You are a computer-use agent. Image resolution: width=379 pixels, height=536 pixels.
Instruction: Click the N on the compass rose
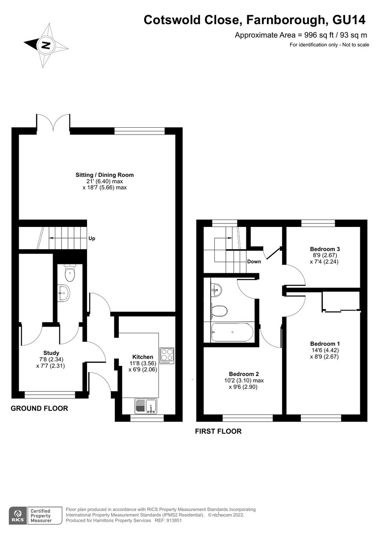(x=46, y=45)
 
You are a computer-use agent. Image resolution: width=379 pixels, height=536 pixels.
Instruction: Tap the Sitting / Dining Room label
(x=104, y=175)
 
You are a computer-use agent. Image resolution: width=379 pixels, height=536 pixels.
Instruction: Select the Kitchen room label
(x=143, y=357)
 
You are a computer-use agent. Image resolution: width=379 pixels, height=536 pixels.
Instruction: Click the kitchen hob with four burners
(x=167, y=356)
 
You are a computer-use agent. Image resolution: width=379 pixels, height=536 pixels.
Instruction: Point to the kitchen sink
(x=146, y=406)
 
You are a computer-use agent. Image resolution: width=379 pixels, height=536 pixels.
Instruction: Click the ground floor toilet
(x=70, y=272)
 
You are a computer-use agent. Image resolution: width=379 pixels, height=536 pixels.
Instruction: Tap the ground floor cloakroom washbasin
(x=63, y=293)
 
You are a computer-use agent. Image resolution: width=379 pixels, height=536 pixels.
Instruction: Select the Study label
(x=51, y=353)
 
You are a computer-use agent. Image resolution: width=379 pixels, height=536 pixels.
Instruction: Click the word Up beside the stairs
(x=92, y=239)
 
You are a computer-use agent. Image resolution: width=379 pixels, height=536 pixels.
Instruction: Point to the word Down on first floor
(x=254, y=262)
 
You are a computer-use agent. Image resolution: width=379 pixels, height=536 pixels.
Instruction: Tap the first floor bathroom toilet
(x=219, y=311)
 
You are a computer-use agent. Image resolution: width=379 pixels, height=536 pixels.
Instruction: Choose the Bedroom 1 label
(x=325, y=343)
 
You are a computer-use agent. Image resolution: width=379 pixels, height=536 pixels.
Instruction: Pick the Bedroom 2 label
(x=244, y=374)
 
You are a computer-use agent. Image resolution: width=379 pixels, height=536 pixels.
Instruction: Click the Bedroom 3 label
(x=325, y=249)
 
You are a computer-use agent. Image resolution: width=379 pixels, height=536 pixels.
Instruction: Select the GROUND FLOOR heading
(x=39, y=408)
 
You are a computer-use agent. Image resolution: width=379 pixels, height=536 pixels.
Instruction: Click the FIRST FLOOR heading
(x=218, y=431)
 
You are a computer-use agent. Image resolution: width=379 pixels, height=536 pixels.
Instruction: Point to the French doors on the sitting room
(x=53, y=122)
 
